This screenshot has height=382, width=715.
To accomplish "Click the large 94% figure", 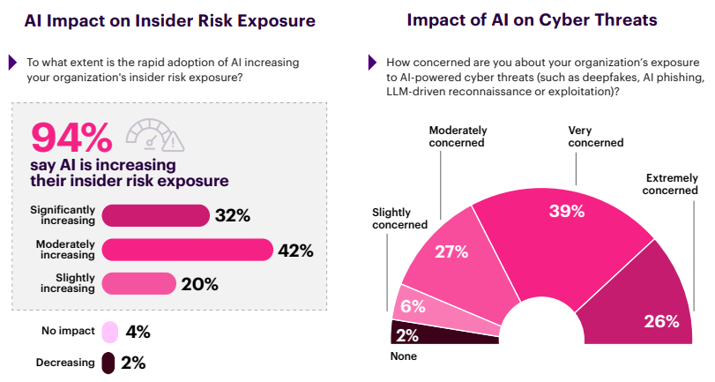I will coord(72,138).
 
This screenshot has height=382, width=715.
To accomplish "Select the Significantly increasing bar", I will coord(155,216).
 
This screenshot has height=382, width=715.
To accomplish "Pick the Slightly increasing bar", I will coord(138,283).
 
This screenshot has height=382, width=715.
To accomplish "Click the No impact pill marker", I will coord(108,332).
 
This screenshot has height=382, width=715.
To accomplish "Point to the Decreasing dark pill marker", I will coord(108,363).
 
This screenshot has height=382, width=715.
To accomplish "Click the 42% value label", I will coord(295,250).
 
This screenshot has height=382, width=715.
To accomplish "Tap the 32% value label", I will coord(233,216).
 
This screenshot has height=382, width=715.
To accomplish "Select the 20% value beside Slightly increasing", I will coord(199,283).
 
